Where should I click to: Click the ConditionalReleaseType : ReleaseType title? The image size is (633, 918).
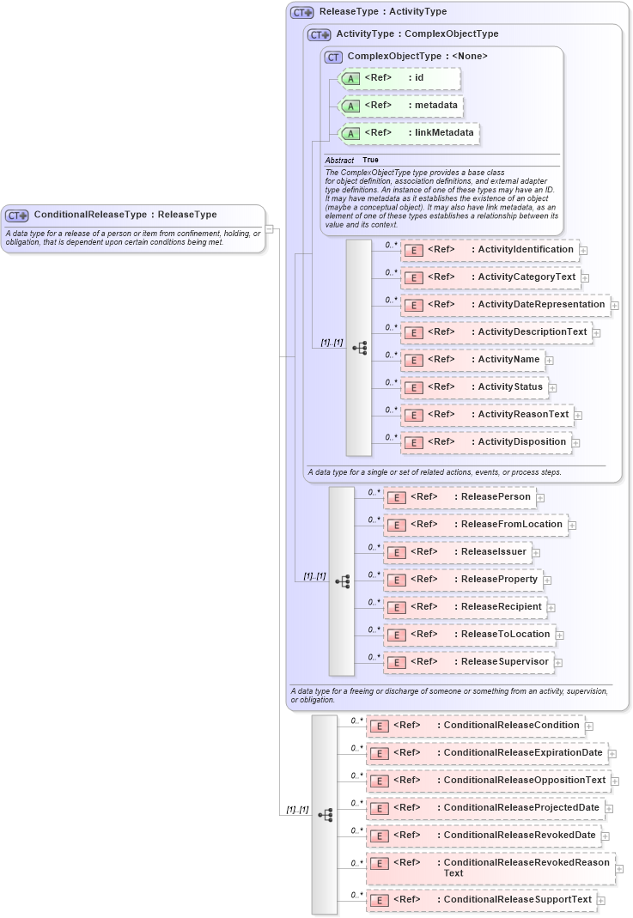(x=125, y=215)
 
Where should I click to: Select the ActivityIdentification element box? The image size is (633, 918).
(x=490, y=250)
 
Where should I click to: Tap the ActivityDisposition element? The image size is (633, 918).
(x=486, y=442)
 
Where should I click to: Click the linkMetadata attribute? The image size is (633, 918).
(x=407, y=133)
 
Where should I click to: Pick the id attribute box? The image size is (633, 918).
(x=400, y=78)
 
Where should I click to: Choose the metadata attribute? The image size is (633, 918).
(x=402, y=106)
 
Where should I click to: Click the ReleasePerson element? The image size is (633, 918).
(x=460, y=497)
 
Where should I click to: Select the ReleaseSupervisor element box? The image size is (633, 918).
(x=468, y=662)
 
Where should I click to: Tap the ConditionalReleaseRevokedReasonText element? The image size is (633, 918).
(x=490, y=867)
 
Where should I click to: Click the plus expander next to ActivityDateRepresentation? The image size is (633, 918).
(x=615, y=306)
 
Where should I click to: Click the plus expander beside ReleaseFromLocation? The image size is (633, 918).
(x=572, y=525)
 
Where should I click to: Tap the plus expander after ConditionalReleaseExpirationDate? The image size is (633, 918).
(x=612, y=754)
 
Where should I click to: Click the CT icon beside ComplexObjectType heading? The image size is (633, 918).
(x=333, y=57)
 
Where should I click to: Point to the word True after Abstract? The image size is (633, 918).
(x=370, y=161)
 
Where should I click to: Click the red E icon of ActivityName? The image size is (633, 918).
(x=413, y=361)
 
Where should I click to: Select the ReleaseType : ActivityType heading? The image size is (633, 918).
(x=382, y=12)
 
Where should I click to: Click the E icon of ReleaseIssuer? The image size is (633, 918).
(x=396, y=552)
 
